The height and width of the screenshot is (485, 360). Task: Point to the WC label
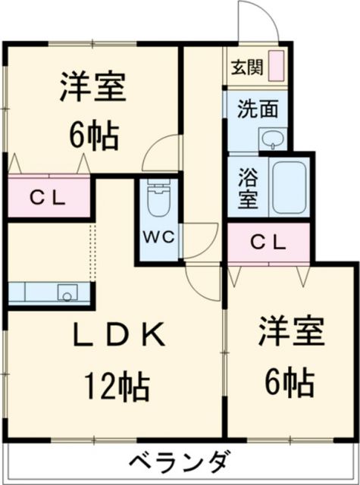[158, 236]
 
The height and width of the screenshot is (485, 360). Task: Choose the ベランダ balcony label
[179, 462]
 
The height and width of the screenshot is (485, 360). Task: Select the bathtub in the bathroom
[289, 187]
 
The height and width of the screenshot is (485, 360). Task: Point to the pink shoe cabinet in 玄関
[277, 65]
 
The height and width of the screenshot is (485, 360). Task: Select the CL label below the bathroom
[268, 243]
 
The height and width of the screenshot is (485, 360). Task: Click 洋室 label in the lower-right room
[292, 333]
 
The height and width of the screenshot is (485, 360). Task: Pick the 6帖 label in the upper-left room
[92, 136]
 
